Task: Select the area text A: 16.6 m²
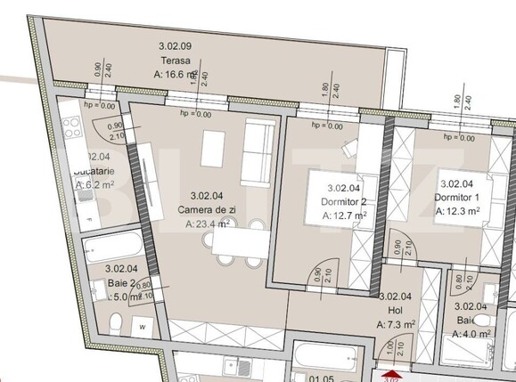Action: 182,76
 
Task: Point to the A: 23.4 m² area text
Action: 209,224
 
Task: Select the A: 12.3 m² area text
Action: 458,212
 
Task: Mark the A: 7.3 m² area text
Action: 399,326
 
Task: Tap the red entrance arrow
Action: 389,377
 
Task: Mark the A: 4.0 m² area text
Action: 469,334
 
